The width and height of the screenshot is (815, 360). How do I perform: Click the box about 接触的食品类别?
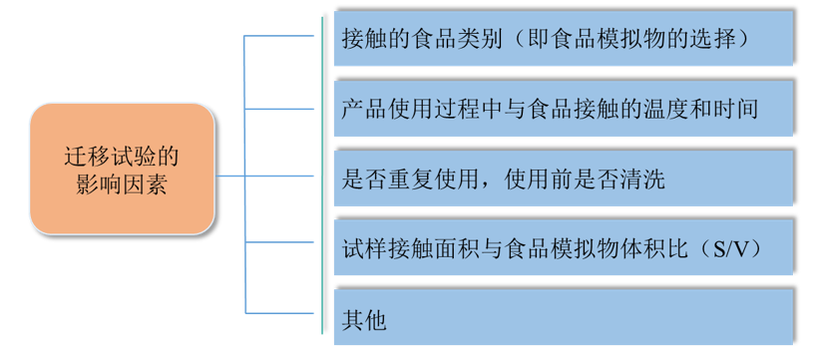point(559,39)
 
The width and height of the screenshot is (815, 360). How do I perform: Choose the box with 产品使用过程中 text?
point(559,107)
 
